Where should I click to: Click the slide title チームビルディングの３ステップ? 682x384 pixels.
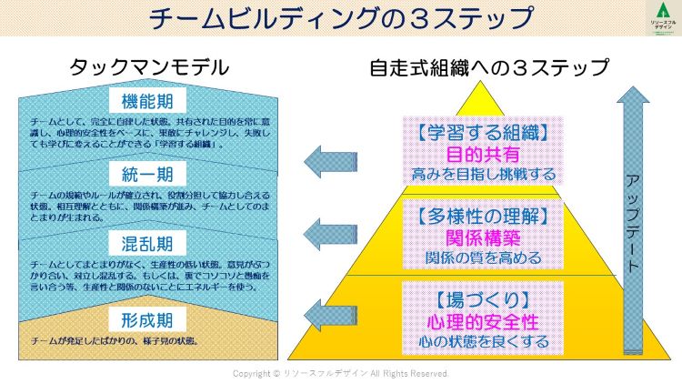pyautogui.click(x=341, y=18)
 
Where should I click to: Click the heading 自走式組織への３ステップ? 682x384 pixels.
pyautogui.click(x=489, y=67)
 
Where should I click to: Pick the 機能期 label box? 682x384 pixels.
pyautogui.click(x=146, y=99)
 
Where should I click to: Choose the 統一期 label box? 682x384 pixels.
pyautogui.click(x=146, y=174)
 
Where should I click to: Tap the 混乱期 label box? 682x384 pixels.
pyautogui.click(x=146, y=245)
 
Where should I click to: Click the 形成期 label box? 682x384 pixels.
pyautogui.click(x=146, y=318)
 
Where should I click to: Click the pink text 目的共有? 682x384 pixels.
pyautogui.click(x=478, y=153)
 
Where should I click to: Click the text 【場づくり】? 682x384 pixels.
pyautogui.click(x=478, y=299)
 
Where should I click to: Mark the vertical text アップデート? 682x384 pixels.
pyautogui.click(x=633, y=222)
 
